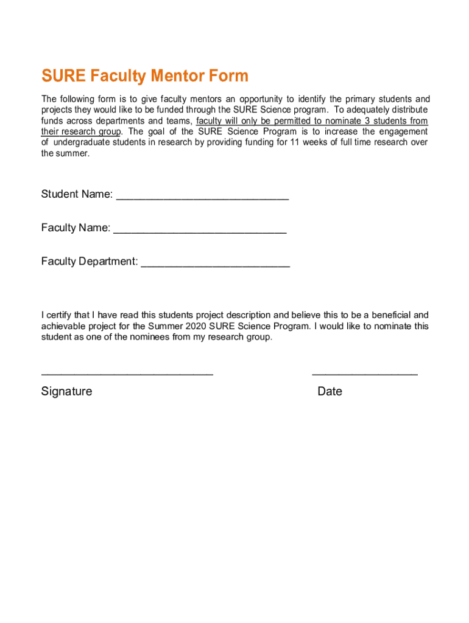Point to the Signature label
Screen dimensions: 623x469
coord(67,391)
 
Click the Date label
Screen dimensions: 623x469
coord(330,391)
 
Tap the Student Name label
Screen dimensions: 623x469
coord(77,194)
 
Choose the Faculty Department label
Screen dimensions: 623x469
coord(90,262)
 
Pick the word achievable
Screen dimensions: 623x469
coord(64,326)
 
